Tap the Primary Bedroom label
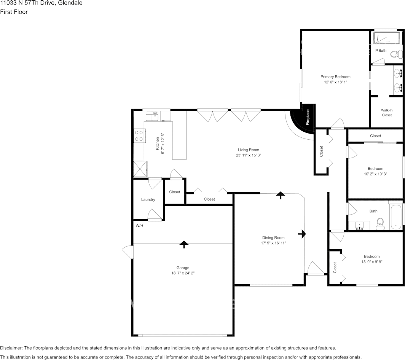335,77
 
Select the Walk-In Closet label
387,113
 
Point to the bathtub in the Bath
396,217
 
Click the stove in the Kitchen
139,135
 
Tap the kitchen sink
152,116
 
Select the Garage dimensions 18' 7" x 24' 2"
183,273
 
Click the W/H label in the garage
139,226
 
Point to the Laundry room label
148,200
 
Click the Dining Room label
273,237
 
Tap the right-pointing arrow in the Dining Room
302,234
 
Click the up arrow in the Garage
183,244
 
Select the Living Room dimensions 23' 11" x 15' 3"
249,155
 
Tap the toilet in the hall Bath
380,224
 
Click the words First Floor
14,12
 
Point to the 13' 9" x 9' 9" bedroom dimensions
372,261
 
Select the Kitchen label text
157,143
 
